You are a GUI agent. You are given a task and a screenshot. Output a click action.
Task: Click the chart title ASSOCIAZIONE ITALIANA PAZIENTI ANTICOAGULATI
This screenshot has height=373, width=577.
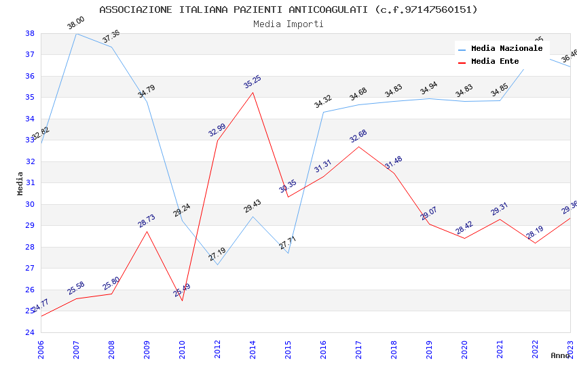tap(288, 9)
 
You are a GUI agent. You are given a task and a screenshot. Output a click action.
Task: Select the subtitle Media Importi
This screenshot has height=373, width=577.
tap(288, 24)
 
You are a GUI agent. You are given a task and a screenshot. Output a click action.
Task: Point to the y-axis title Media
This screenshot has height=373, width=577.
tap(20, 183)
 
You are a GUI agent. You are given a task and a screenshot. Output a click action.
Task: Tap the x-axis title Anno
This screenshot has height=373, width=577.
tap(560, 355)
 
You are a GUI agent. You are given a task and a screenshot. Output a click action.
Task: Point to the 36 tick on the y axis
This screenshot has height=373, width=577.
tap(30, 76)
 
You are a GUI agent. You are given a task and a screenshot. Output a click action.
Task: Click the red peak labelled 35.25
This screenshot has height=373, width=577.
tap(253, 92)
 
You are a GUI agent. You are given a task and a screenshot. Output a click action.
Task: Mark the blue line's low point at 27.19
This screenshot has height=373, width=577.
tap(217, 264)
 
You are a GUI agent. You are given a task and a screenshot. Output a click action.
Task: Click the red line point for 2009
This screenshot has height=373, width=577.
tap(147, 231)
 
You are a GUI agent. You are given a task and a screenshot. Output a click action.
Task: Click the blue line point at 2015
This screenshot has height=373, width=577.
tap(288, 253)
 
